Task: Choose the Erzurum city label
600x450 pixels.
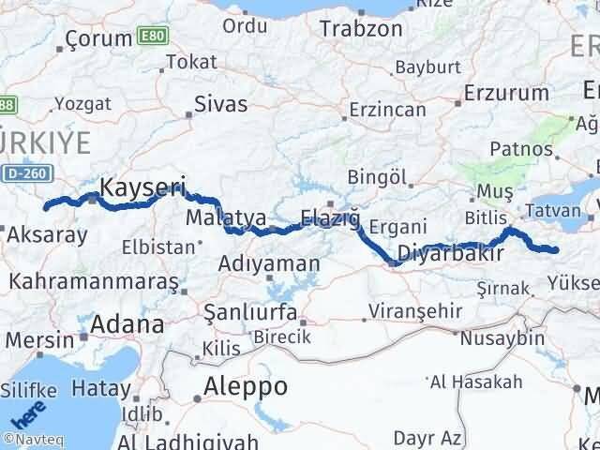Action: [x=506, y=93]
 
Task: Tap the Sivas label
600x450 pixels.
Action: [x=220, y=103]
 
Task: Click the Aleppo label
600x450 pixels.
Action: [x=247, y=387]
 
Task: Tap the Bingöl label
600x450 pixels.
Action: [x=378, y=176]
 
